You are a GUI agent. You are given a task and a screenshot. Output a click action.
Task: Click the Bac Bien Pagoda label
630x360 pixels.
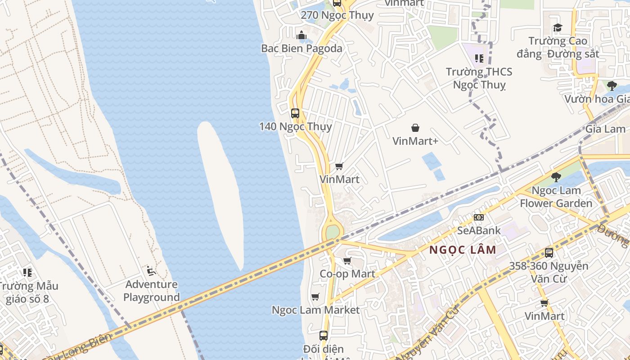(x=301, y=49)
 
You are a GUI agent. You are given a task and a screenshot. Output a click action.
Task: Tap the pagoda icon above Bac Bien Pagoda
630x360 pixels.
(x=301, y=35)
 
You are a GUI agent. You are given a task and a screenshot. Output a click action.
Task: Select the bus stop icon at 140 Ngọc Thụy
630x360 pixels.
(x=295, y=113)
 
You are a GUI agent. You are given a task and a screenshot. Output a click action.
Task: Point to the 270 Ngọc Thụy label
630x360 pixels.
(x=337, y=15)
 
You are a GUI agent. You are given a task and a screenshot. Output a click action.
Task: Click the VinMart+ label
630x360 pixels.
(x=415, y=141)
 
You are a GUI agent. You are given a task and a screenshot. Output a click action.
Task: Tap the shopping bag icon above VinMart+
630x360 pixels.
(x=415, y=128)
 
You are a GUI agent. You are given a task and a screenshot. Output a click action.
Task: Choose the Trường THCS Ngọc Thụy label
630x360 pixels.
(x=479, y=78)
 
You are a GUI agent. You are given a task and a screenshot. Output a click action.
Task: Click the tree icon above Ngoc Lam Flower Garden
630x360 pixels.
(x=556, y=177)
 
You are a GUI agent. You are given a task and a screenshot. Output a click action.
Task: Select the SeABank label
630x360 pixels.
(x=479, y=230)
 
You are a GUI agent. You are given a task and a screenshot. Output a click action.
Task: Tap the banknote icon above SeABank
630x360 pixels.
(x=479, y=217)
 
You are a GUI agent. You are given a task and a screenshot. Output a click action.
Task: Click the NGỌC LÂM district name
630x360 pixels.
(x=463, y=250)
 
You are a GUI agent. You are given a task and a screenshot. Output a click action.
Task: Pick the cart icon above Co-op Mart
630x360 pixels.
(x=347, y=261)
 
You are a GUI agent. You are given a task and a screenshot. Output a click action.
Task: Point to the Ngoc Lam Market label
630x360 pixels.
(x=315, y=310)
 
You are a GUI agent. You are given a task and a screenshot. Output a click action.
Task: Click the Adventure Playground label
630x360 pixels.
(x=151, y=291)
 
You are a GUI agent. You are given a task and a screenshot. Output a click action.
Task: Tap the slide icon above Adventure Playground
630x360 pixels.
(x=151, y=271)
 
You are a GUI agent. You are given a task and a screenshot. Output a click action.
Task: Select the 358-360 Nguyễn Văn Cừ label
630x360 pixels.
(x=549, y=272)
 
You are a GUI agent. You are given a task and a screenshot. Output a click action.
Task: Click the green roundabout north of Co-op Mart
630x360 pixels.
(x=333, y=232)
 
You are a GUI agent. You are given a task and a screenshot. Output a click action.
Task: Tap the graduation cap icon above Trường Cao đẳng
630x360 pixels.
(x=558, y=28)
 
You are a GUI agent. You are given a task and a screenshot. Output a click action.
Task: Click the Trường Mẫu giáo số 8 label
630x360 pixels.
(x=28, y=292)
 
